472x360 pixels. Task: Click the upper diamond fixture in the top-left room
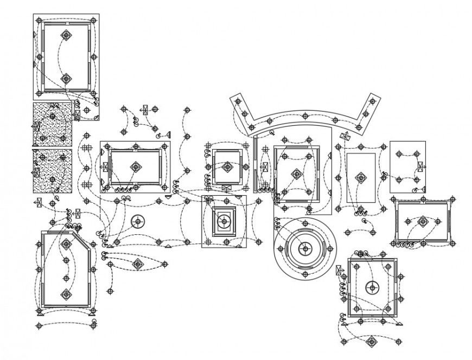[x=66, y=36]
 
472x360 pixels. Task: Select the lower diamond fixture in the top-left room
[x=66, y=79]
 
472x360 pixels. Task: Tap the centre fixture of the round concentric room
[x=305, y=249]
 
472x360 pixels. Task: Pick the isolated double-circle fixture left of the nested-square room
[x=137, y=221]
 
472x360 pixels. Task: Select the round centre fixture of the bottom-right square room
[x=372, y=287]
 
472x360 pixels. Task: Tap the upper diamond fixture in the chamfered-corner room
[x=66, y=245]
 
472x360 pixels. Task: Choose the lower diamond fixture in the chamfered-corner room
[x=66, y=295]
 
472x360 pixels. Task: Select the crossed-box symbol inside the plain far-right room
[x=419, y=166]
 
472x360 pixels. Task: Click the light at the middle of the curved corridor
[x=305, y=115]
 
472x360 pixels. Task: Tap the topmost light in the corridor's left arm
[x=238, y=101]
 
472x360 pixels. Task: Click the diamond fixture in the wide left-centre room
[x=135, y=167]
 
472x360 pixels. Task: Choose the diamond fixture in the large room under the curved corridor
[x=296, y=174]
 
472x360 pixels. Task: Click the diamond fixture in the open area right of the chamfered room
[x=137, y=264]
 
